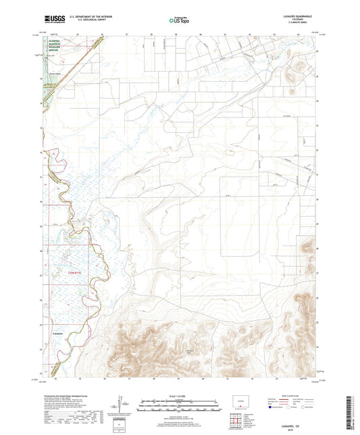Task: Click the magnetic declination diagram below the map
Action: (x=124, y=406)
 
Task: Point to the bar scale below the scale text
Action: (x=180, y=407)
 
